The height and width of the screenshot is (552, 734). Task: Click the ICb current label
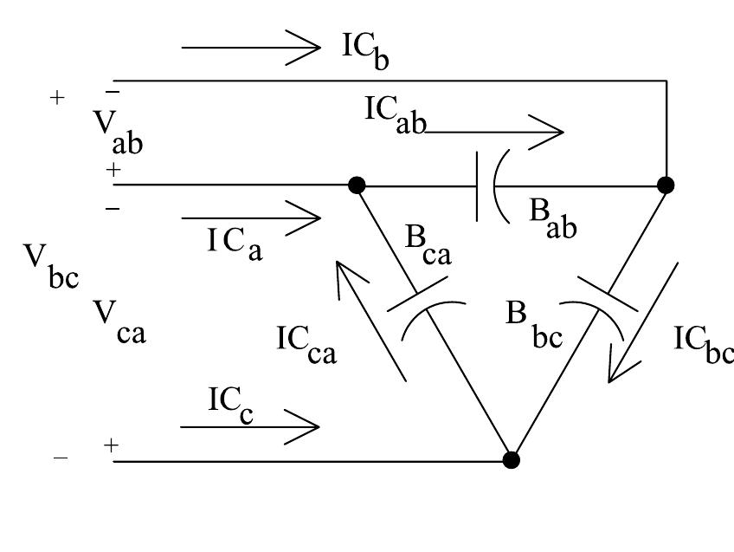point(365,49)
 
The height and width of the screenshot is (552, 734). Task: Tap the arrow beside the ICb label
point(251,47)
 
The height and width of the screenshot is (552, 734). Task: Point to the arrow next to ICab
point(493,133)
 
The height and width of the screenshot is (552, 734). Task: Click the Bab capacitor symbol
point(486,185)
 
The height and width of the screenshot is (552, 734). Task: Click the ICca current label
point(306,343)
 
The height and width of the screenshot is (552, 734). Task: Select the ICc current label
point(230,404)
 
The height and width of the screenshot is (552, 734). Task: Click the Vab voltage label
point(117,132)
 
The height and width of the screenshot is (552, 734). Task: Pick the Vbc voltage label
point(51,265)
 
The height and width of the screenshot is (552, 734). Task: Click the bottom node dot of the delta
point(512,459)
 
